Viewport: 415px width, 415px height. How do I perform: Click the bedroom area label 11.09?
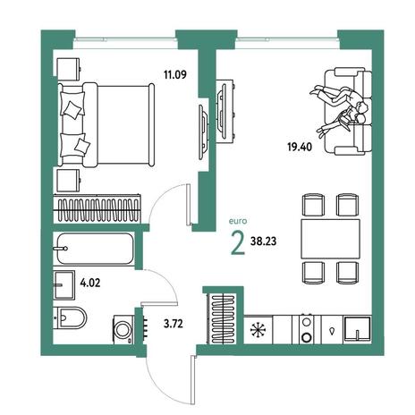[x=175, y=74]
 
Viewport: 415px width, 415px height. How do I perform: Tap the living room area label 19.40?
[x=300, y=147]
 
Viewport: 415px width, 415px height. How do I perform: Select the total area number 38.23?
[x=263, y=241]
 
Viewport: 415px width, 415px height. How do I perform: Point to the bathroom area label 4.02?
[x=90, y=283]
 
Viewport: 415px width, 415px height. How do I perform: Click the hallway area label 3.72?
[x=174, y=323]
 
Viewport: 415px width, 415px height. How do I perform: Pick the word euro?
[x=238, y=221]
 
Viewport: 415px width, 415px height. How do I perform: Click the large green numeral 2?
[x=238, y=243]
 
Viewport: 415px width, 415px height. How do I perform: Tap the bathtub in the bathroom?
[x=95, y=249]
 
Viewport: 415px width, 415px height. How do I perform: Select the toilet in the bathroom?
[x=70, y=318]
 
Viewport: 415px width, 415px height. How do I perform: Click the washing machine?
[x=123, y=330]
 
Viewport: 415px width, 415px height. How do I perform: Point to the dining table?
[x=330, y=239]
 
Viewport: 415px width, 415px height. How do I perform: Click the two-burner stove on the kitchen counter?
[x=307, y=329]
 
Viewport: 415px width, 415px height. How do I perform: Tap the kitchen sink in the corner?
[x=357, y=329]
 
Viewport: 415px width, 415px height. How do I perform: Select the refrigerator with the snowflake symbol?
[x=258, y=329]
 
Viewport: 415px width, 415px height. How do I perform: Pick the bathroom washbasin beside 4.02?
[x=64, y=285]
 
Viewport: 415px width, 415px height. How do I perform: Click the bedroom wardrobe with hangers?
[x=97, y=208]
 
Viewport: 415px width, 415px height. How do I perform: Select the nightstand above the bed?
[x=69, y=69]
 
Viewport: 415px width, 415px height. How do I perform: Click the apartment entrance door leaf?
[x=193, y=379]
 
